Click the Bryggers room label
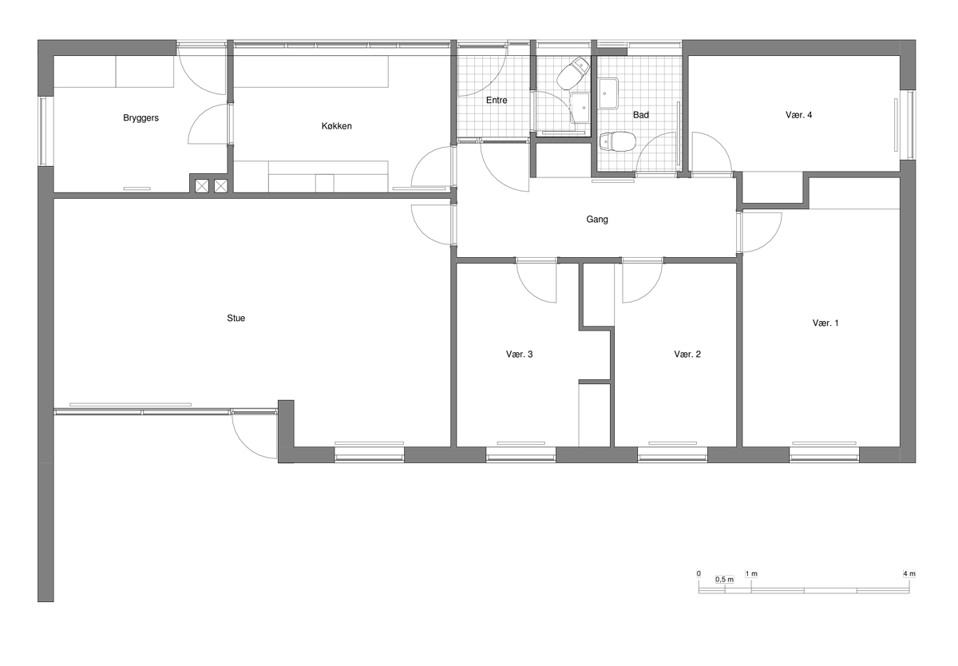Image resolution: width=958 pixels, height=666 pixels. pyautogui.click(x=141, y=118)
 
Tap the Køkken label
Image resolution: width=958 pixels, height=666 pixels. pyautogui.click(x=337, y=125)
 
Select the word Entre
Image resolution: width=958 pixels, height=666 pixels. pyautogui.click(x=497, y=100)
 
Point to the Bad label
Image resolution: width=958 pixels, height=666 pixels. pyautogui.click(x=640, y=115)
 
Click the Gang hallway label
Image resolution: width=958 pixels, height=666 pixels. pyautogui.click(x=597, y=220)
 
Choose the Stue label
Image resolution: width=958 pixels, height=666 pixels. pyautogui.click(x=236, y=318)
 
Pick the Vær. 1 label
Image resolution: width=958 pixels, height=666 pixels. pyautogui.click(x=825, y=323)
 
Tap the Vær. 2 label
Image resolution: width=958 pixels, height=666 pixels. pyautogui.click(x=687, y=355)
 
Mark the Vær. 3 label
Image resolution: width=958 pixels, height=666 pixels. pyautogui.click(x=519, y=355)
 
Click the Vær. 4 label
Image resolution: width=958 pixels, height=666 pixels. pyautogui.click(x=798, y=115)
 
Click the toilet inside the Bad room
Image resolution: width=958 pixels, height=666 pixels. pyautogui.click(x=617, y=141)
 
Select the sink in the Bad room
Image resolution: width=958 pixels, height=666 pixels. pyautogui.click(x=608, y=93)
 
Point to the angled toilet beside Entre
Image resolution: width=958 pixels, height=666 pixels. pyautogui.click(x=573, y=73)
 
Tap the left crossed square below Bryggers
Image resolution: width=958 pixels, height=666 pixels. pyautogui.click(x=202, y=186)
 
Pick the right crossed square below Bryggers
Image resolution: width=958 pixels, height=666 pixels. pyautogui.click(x=220, y=186)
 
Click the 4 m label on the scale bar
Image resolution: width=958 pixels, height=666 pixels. pyautogui.click(x=909, y=573)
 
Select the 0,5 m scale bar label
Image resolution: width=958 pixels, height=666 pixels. pyautogui.click(x=725, y=580)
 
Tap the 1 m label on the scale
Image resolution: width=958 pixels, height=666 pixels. pyautogui.click(x=751, y=573)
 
